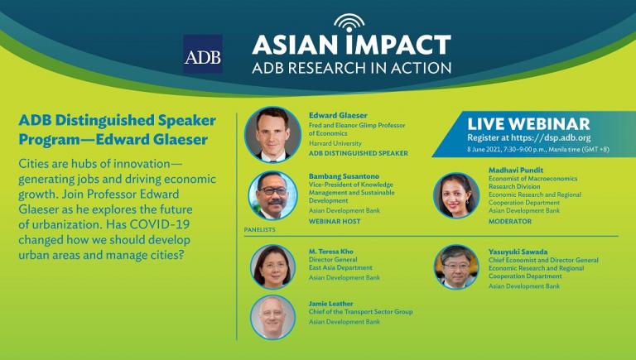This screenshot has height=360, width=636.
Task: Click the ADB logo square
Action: tap(202, 54)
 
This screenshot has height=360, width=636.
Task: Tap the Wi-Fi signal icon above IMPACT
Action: tap(349, 23)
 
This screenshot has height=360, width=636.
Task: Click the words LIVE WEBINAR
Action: tap(528, 124)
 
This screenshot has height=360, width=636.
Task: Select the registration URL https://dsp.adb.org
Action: tap(551, 138)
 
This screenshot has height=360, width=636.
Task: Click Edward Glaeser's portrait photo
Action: tap(272, 135)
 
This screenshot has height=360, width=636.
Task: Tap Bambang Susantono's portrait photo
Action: tap(272, 195)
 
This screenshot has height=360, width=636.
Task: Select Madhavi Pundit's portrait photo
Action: tap(456, 195)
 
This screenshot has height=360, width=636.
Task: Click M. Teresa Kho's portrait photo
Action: tap(272, 266)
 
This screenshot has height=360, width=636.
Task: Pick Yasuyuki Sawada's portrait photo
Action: tap(456, 266)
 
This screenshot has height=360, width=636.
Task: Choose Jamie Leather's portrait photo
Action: tap(272, 317)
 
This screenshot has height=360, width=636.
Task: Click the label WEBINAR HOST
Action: tap(335, 221)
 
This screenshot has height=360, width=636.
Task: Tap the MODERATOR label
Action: tap(510, 221)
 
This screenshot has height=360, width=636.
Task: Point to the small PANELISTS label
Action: tap(259, 229)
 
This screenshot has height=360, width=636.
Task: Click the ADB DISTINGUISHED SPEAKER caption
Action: tap(359, 153)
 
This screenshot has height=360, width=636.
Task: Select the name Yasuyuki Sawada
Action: tap(518, 252)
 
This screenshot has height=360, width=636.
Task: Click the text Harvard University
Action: tap(335, 143)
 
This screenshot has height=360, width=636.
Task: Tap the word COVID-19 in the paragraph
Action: tap(160, 224)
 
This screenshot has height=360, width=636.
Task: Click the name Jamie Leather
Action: tap(330, 304)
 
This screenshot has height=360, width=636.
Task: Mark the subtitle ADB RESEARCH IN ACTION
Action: tap(352, 68)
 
